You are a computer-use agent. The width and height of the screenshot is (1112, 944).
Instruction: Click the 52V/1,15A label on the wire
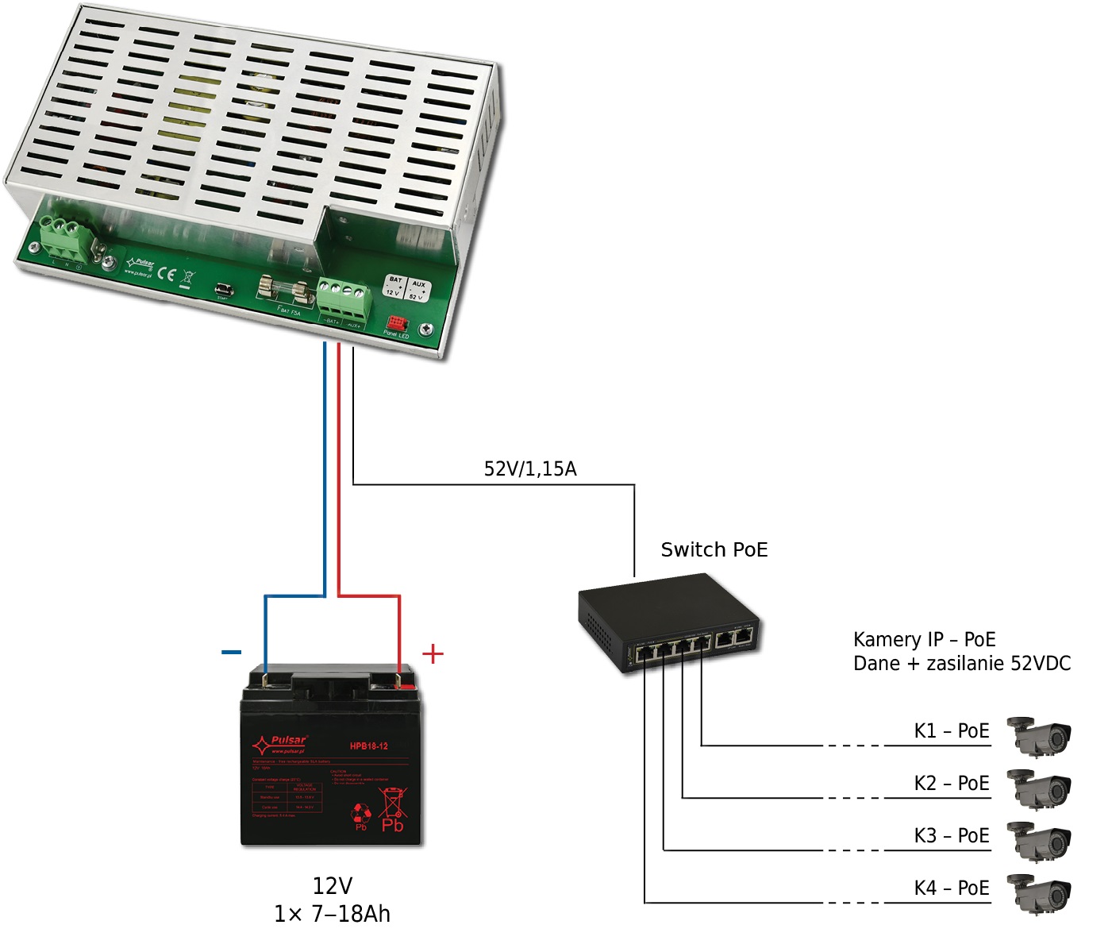[530, 468]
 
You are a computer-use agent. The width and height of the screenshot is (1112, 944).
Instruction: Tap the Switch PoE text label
[714, 549]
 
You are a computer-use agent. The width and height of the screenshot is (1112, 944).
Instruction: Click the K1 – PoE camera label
[951, 730]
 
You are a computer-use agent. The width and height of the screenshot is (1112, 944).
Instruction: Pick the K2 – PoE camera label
[951, 783]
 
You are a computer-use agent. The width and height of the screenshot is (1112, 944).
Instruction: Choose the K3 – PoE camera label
[951, 835]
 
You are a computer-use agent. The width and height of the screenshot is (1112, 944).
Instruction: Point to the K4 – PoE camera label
[951, 888]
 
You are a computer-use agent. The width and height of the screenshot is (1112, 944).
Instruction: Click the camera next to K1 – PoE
[1039, 735]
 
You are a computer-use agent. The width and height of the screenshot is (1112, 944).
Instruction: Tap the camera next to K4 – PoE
[1039, 892]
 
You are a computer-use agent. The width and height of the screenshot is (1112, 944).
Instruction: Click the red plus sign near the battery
[433, 653]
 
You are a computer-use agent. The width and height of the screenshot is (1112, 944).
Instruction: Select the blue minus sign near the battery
[231, 653]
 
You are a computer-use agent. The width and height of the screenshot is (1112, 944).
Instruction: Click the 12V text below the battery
[332, 885]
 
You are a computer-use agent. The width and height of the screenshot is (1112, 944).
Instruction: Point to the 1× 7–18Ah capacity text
[332, 914]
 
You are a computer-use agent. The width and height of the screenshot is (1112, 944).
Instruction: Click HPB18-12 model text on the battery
[368, 746]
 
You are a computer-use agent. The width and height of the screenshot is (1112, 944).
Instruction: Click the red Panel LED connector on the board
[395, 323]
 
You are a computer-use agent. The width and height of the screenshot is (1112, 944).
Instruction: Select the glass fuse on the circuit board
[284, 291]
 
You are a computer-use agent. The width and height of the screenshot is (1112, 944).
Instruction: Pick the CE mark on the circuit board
[166, 274]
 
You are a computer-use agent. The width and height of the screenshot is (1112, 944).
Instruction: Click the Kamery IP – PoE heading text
[924, 639]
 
